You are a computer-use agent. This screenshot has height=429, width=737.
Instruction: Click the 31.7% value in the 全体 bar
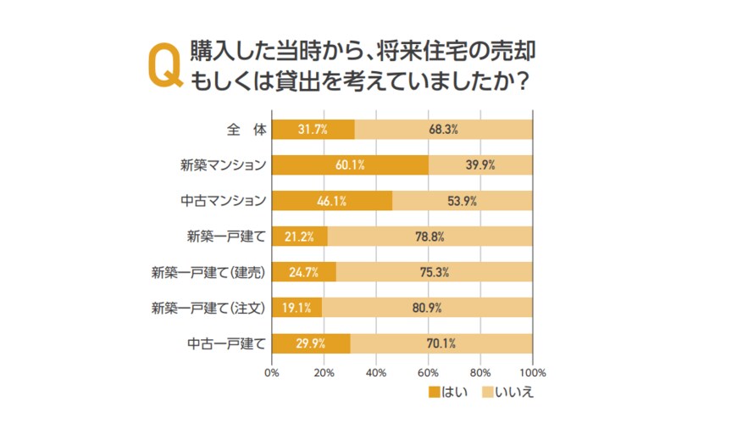pos(312,130)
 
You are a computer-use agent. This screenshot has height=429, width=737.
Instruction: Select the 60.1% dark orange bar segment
pos(350,165)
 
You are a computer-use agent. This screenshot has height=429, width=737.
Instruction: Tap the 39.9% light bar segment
pos(480,165)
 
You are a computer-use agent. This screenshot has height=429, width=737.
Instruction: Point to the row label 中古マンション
pos(224,201)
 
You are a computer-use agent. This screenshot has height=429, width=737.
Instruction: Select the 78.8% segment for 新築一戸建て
pos(429,237)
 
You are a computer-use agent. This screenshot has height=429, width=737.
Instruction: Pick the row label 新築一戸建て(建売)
pos(208,272)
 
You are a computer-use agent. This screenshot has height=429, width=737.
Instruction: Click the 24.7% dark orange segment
pos(304,272)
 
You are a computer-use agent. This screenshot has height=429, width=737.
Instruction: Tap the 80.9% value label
pos(427,308)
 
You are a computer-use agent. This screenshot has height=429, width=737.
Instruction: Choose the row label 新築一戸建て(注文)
pos(208,308)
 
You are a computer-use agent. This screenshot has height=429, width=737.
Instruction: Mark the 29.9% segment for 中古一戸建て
pos(311,343)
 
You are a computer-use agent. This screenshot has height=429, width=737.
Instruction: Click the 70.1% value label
pos(441,343)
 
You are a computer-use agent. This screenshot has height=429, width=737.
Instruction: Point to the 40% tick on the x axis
pos(376,371)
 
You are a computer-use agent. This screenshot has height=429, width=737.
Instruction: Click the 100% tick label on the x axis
pos(532,371)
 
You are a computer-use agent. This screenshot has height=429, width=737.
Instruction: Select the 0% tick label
pos(272,371)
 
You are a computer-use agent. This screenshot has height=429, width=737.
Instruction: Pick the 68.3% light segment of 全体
pos(443,130)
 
